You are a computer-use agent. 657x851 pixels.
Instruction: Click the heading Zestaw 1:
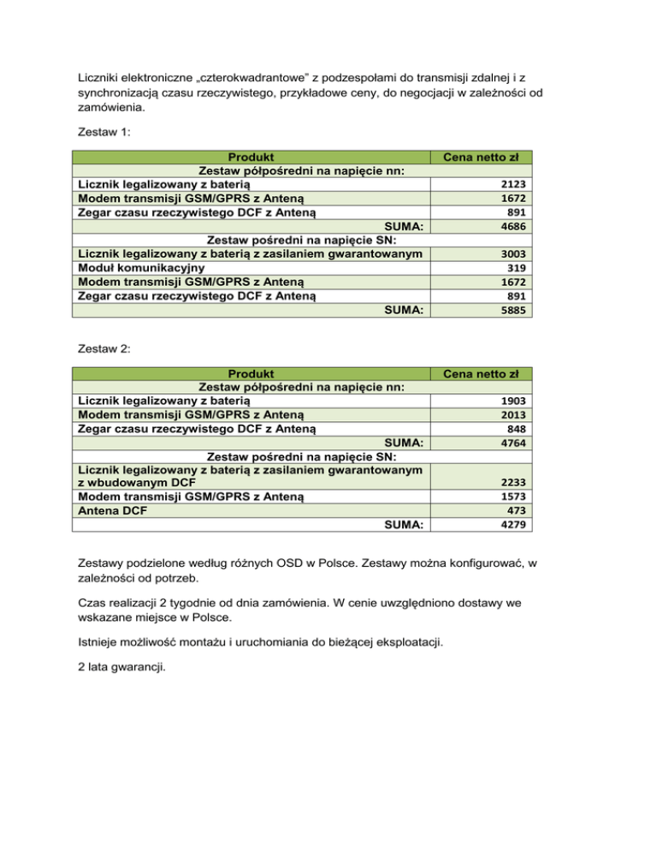[x=98, y=133]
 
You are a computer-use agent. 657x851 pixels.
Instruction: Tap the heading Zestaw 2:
[x=98, y=349]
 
